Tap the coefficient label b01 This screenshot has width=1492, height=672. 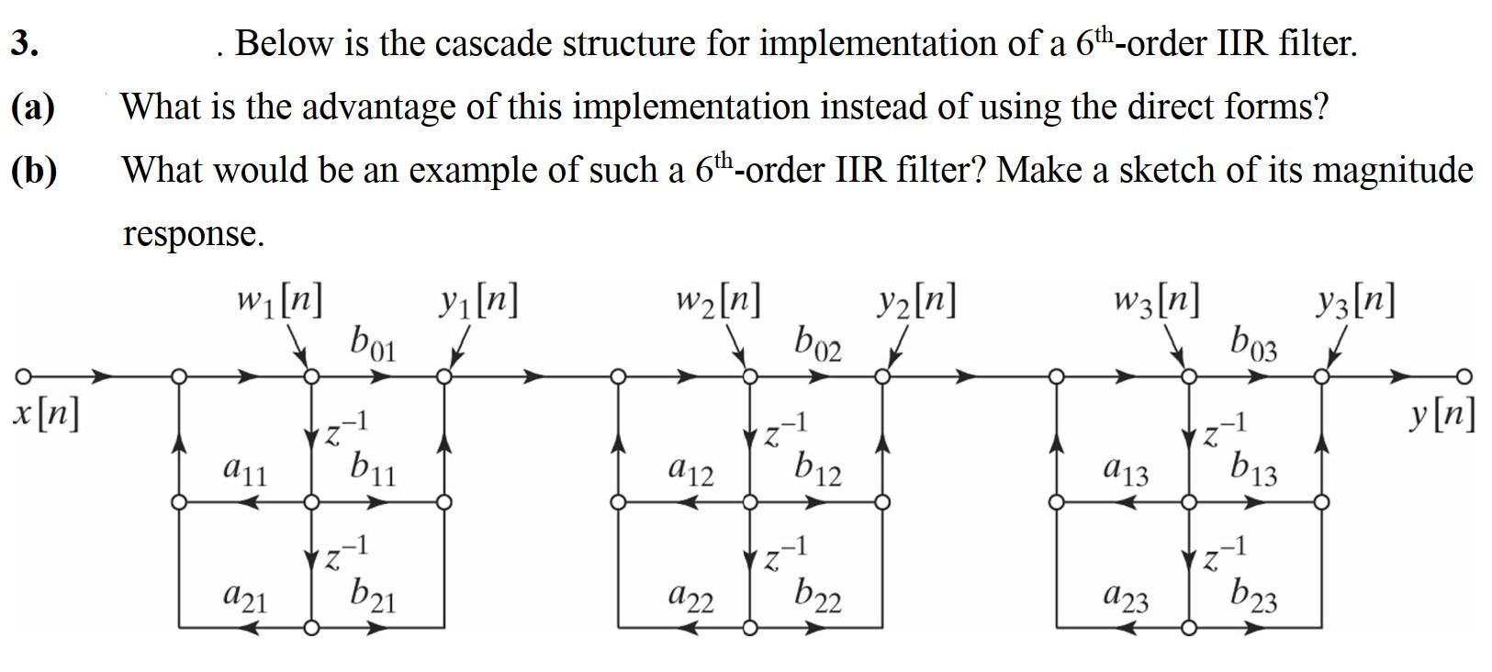tap(372, 343)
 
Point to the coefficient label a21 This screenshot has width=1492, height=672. tap(244, 599)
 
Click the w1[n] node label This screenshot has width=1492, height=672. tap(278, 301)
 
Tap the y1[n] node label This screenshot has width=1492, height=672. tap(477, 301)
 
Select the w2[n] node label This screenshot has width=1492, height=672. tap(717, 301)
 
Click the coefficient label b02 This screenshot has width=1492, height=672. tap(819, 343)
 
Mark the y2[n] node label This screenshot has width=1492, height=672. tap(915, 301)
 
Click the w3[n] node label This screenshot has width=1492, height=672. tap(1156, 301)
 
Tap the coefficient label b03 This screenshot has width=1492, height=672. tap(1253, 343)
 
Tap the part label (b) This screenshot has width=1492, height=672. tap(35, 171)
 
